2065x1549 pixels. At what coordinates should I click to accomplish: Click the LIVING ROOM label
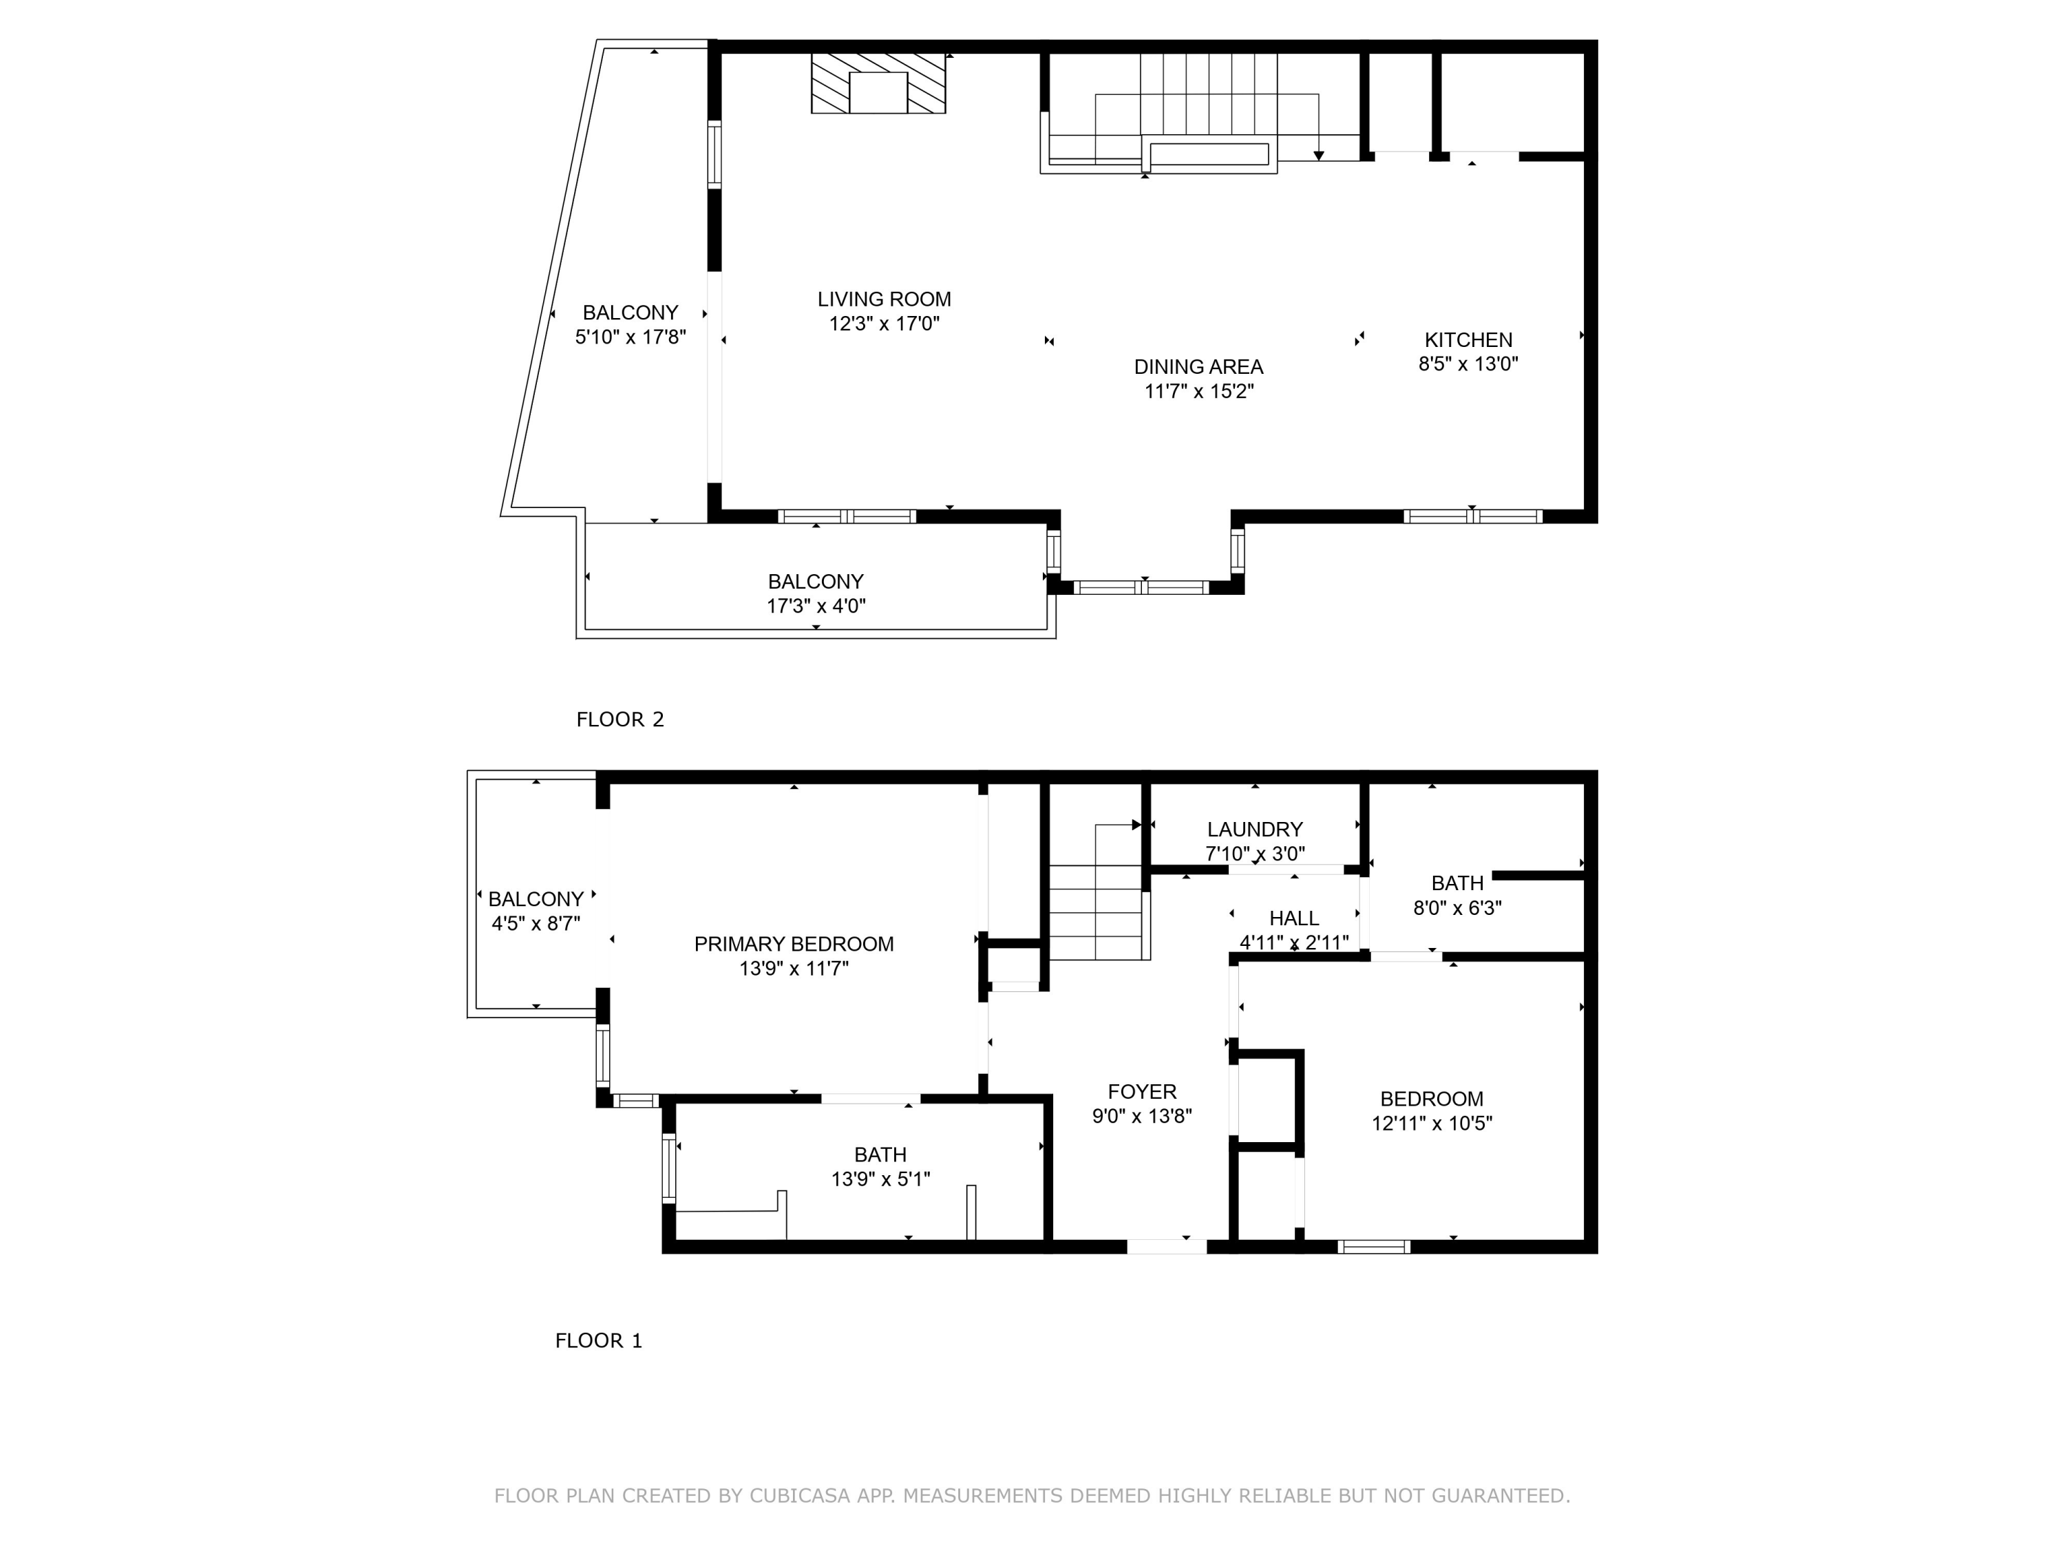click(x=884, y=299)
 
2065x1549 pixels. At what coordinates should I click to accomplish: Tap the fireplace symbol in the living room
click(x=878, y=84)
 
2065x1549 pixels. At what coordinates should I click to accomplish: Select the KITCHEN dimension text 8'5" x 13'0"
click(x=1468, y=364)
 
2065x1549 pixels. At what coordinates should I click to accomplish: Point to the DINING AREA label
click(x=1198, y=367)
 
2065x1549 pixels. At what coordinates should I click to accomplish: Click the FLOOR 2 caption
click(x=620, y=719)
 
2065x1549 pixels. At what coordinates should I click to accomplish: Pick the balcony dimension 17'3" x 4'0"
click(x=816, y=606)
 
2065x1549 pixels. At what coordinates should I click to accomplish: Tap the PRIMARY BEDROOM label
click(x=794, y=944)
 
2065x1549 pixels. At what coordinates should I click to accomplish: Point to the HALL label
click(x=1294, y=918)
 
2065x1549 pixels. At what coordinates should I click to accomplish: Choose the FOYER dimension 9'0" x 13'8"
click(x=1142, y=1116)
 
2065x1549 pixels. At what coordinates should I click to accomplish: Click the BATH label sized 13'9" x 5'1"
click(x=880, y=1155)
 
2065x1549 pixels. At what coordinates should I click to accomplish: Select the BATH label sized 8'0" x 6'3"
click(x=1457, y=883)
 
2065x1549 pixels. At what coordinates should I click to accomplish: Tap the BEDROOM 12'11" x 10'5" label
click(x=1431, y=1099)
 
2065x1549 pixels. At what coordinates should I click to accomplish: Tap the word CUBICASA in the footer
click(x=800, y=1496)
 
